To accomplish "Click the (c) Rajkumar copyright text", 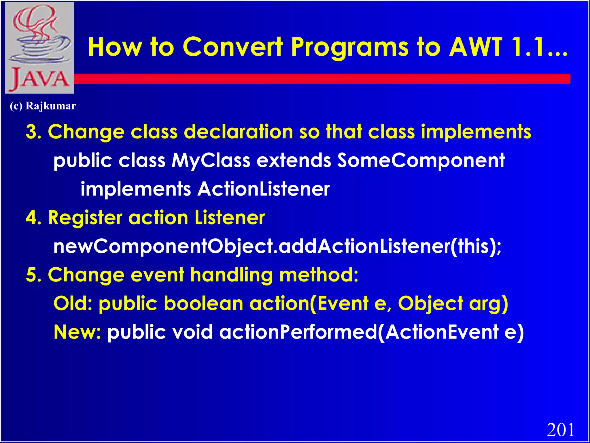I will click(43, 106).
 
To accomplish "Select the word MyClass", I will click(211, 160).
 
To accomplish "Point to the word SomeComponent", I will click(421, 160).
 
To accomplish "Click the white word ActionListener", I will click(264, 189).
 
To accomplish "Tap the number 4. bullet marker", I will click(33, 218).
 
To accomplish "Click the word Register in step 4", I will click(85, 218).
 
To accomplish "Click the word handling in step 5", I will click(231, 275).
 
